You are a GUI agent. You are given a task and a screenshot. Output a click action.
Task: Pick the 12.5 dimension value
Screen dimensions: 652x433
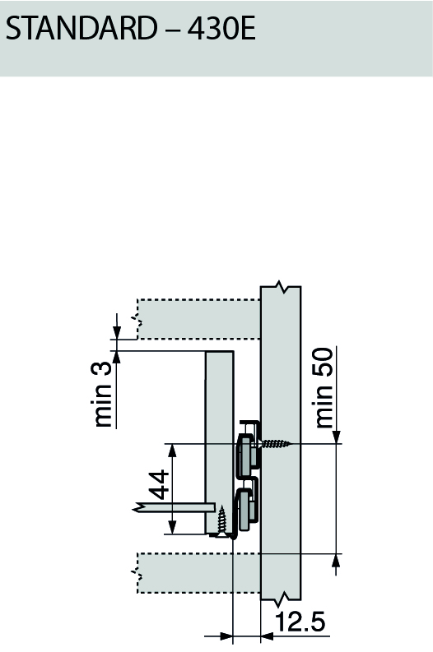click(x=300, y=622)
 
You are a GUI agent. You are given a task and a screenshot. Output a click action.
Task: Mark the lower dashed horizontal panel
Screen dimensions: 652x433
click(x=198, y=572)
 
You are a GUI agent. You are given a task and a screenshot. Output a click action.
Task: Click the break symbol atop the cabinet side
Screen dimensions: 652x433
click(x=282, y=288)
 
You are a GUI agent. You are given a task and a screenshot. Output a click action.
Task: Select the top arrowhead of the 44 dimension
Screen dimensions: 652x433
click(x=171, y=450)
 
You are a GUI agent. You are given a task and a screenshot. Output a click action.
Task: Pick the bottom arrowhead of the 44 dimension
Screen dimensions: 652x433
click(x=171, y=528)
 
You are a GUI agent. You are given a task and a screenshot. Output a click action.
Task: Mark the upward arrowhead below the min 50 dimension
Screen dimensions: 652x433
click(x=336, y=560)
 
